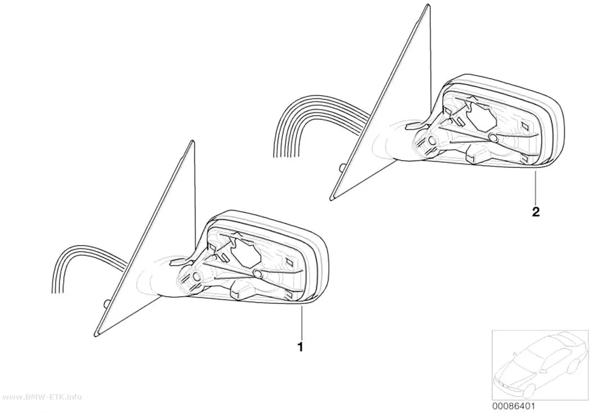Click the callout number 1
click(x=300, y=347)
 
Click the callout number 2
click(x=536, y=212)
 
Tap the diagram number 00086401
click(x=514, y=406)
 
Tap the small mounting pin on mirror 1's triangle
click(x=106, y=303)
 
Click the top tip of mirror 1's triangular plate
click(x=194, y=142)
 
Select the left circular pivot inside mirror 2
click(x=432, y=142)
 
